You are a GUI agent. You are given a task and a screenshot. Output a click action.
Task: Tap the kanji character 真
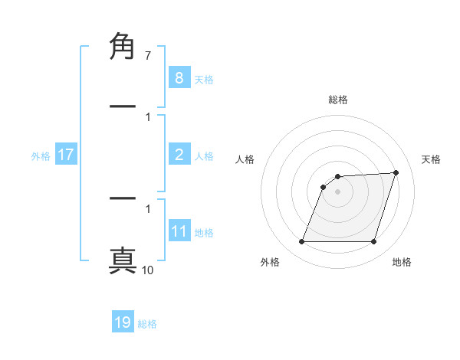[x=123, y=259]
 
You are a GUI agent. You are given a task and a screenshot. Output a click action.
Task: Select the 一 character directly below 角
[x=123, y=106]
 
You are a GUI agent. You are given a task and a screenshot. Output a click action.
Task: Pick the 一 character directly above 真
[x=123, y=198]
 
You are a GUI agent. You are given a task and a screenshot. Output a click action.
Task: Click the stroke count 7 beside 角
[x=147, y=56]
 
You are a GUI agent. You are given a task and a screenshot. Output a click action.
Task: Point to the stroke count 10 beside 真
[x=147, y=270]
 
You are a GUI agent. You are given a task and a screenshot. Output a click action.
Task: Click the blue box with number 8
[x=179, y=77]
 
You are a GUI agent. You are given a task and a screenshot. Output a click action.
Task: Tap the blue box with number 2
[x=179, y=155]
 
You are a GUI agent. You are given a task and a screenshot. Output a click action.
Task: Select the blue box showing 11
[x=179, y=231]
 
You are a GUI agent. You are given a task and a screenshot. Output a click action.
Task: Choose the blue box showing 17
[x=65, y=155]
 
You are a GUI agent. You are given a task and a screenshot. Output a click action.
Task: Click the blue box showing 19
[x=123, y=322]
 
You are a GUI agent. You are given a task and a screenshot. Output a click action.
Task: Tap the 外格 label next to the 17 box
[x=41, y=156]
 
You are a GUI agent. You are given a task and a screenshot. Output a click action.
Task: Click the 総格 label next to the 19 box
[x=147, y=324]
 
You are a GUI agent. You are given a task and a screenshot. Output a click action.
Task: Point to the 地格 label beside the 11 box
[x=204, y=233]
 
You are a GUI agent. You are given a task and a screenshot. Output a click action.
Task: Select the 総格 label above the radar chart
[x=337, y=100]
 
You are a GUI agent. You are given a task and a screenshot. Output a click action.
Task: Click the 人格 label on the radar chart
[x=245, y=159]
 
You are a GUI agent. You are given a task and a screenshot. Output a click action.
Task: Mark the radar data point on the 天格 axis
[x=396, y=172]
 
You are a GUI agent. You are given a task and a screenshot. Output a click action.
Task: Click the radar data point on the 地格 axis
[x=373, y=242]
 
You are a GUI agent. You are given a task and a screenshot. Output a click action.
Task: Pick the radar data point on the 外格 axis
[x=301, y=242]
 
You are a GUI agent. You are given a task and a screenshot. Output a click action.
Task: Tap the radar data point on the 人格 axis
[x=324, y=186]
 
